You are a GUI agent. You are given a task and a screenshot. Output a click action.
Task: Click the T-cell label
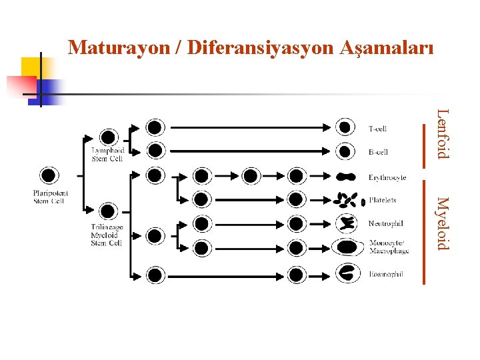pyautogui.click(x=377, y=128)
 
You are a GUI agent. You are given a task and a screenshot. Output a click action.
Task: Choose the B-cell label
pyautogui.click(x=378, y=152)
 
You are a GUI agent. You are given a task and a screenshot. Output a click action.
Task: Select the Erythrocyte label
pyautogui.click(x=387, y=177)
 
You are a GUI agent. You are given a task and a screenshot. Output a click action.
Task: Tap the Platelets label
pyautogui.click(x=383, y=200)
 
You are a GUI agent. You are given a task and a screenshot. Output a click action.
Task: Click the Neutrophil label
pyautogui.click(x=385, y=223)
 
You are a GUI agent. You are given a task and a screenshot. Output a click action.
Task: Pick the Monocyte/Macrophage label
pyautogui.click(x=389, y=247)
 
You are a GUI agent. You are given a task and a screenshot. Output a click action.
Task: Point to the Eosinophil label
pyautogui.click(x=385, y=274)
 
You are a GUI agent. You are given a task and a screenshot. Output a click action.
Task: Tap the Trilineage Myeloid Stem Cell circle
pyautogui.click(x=107, y=213)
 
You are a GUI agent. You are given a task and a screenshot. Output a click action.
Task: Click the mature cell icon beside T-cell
pyautogui.click(x=345, y=127)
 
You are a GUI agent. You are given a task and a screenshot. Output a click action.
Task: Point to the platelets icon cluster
pyautogui.click(x=345, y=200)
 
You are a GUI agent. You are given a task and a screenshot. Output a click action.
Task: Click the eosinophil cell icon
pyautogui.click(x=346, y=272)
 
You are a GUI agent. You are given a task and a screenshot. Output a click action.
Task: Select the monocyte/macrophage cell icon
pyautogui.click(x=346, y=247)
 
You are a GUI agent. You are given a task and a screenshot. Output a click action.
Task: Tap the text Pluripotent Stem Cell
pyautogui.click(x=51, y=197)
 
